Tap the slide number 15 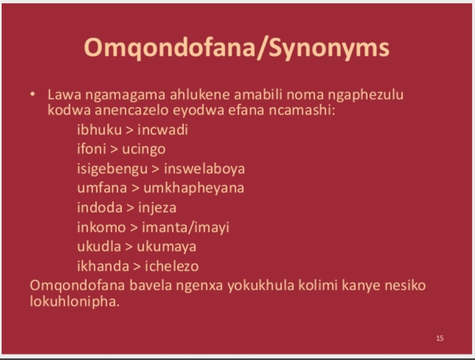440,338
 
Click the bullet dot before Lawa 33,95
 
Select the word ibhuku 99,130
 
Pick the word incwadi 163,130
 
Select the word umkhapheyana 194,188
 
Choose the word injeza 157,208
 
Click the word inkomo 102,227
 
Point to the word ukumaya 167,247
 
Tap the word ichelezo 172,266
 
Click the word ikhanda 103,266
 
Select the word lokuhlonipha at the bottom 75,301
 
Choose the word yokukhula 261,286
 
